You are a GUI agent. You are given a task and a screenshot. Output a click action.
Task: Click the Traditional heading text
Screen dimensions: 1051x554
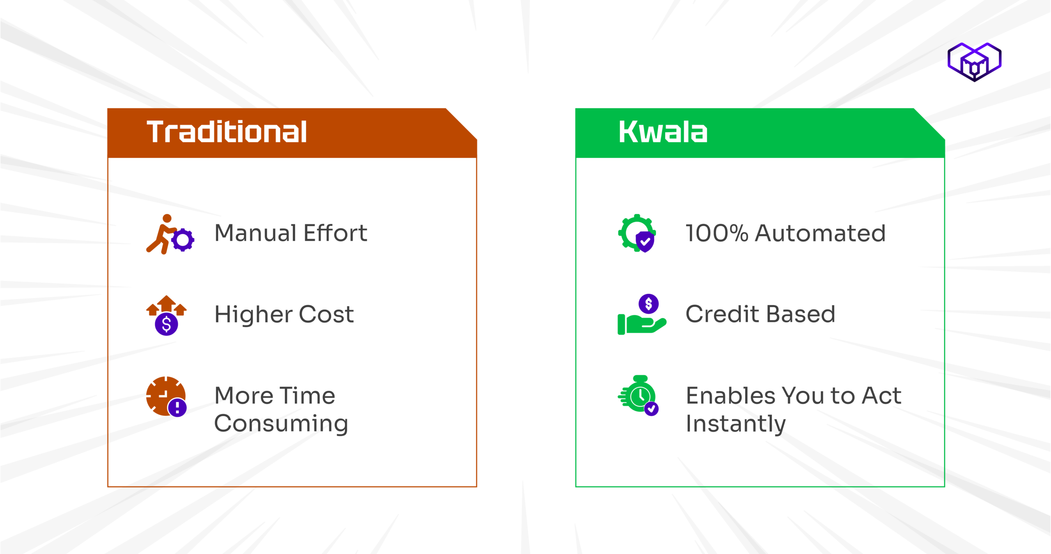(x=227, y=132)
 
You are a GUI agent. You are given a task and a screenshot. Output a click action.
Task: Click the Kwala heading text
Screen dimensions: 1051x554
(x=663, y=132)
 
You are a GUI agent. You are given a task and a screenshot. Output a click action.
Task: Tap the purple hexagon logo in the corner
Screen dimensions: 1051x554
(x=974, y=62)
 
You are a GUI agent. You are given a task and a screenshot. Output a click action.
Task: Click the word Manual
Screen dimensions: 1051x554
(x=255, y=233)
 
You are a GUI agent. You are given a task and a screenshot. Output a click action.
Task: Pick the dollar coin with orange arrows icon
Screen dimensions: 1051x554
(x=166, y=315)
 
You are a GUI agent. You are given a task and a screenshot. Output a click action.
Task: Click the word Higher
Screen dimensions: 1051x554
(x=253, y=315)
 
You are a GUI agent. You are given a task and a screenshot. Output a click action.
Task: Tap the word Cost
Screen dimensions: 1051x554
(x=326, y=314)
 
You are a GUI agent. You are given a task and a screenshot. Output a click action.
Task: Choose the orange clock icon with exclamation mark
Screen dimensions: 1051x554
(x=166, y=396)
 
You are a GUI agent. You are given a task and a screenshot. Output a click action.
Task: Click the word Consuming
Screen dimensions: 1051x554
(x=281, y=424)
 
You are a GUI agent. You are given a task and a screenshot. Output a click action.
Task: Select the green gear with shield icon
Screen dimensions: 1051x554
(x=637, y=233)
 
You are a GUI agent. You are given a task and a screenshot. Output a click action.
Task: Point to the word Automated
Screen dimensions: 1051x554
(x=820, y=233)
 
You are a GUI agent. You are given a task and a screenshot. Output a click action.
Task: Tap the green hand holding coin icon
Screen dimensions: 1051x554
(x=642, y=314)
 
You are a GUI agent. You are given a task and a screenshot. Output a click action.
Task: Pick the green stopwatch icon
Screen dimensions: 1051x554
(x=638, y=395)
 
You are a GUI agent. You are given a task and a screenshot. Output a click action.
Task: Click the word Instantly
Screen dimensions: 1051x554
(x=736, y=424)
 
